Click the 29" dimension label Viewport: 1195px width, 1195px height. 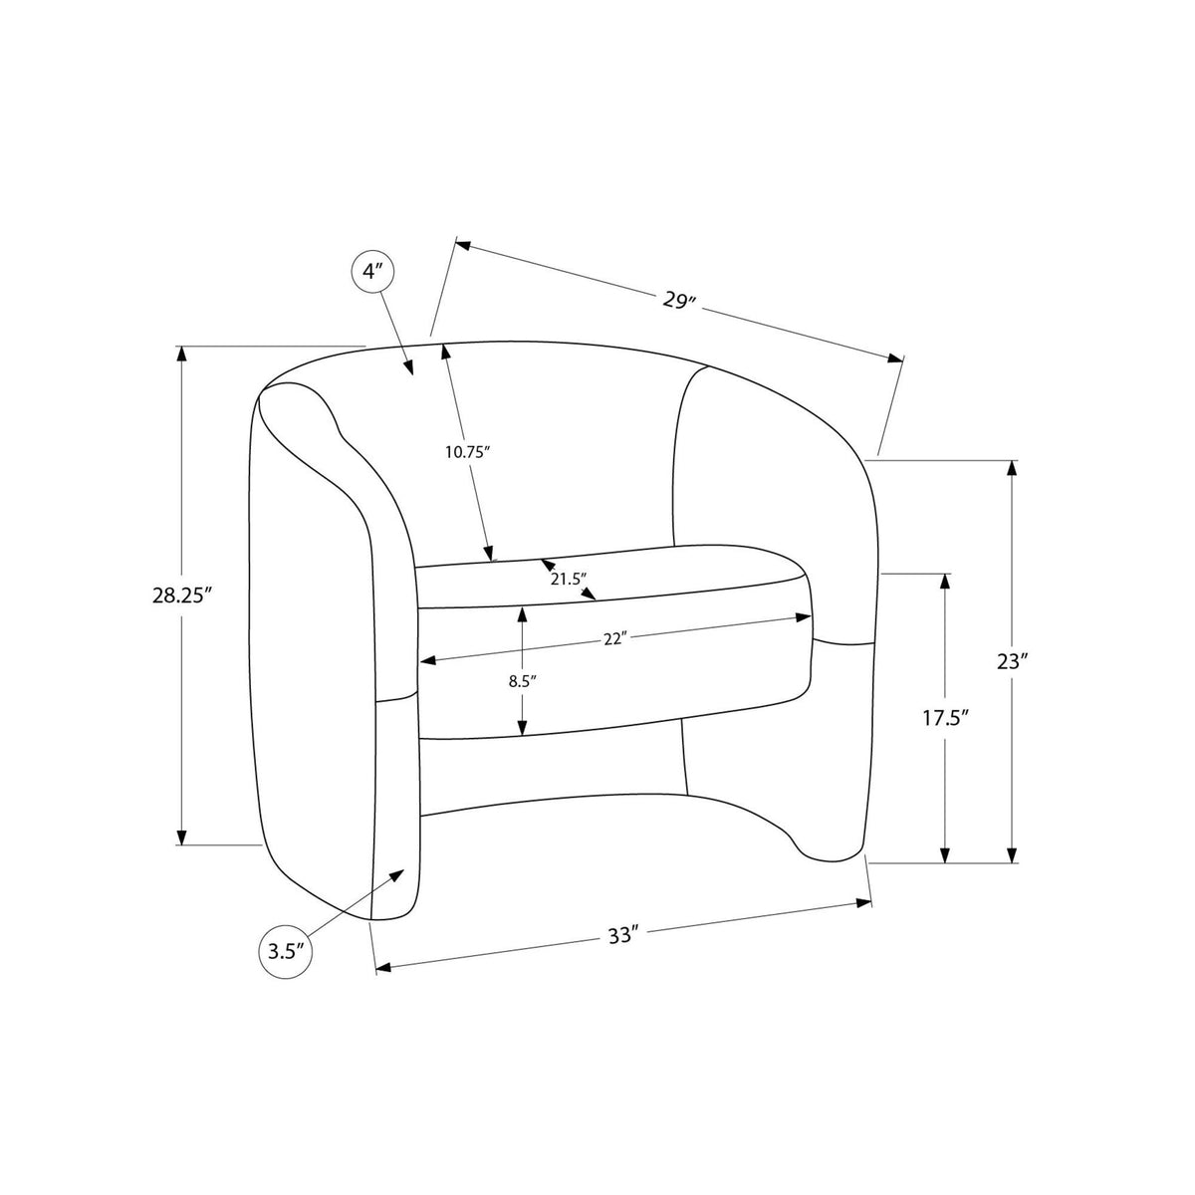680,301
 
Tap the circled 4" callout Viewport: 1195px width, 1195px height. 372,271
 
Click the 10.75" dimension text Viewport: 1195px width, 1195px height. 468,451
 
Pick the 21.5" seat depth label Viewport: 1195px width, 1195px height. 568,580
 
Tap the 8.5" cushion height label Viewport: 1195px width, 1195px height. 522,681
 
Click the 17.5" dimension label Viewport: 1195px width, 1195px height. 944,718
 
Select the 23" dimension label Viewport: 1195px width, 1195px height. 1012,661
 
